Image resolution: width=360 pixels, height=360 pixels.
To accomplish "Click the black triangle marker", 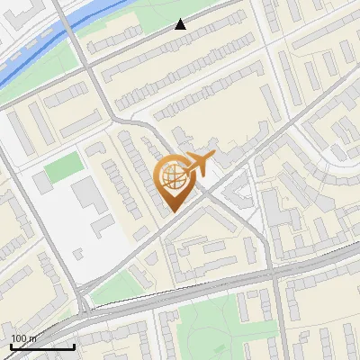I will [181, 24].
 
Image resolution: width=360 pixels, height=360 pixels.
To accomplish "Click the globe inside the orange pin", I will [175, 179].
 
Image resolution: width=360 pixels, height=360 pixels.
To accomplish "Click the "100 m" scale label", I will [24, 337].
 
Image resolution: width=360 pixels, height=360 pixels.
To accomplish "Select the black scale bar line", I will [42, 346].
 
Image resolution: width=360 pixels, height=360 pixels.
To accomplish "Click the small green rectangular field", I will [62, 167].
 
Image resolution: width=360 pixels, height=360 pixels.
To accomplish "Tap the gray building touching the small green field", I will [42, 181].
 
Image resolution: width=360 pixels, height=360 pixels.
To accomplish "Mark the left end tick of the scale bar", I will [11, 346].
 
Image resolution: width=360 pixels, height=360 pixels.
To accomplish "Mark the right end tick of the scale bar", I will [74, 346].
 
